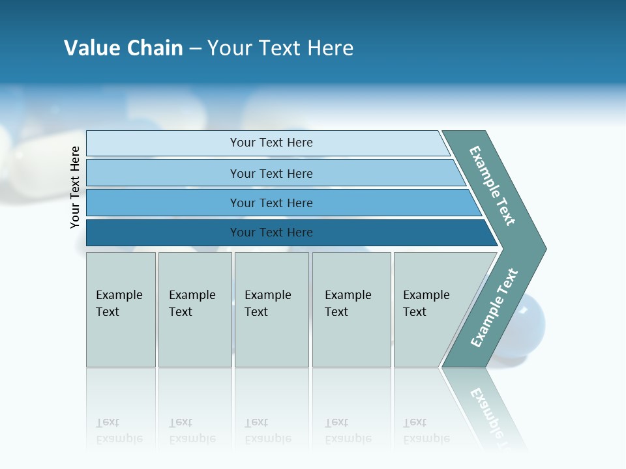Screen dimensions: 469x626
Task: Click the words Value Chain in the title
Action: (123, 48)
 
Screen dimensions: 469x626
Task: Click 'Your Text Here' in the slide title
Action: (280, 48)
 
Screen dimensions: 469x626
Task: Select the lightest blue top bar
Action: (271, 143)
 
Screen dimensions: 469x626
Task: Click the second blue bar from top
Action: (271, 173)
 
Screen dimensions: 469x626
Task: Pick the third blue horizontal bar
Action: (271, 203)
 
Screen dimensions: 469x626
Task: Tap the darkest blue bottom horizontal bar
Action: (271, 233)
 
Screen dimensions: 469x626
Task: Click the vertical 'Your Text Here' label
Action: (75, 187)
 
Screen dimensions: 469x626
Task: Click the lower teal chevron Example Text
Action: (494, 308)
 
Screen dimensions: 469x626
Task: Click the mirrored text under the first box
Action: (119, 431)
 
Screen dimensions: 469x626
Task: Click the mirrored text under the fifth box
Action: (426, 431)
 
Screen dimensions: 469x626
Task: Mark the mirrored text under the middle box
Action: (267, 431)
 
